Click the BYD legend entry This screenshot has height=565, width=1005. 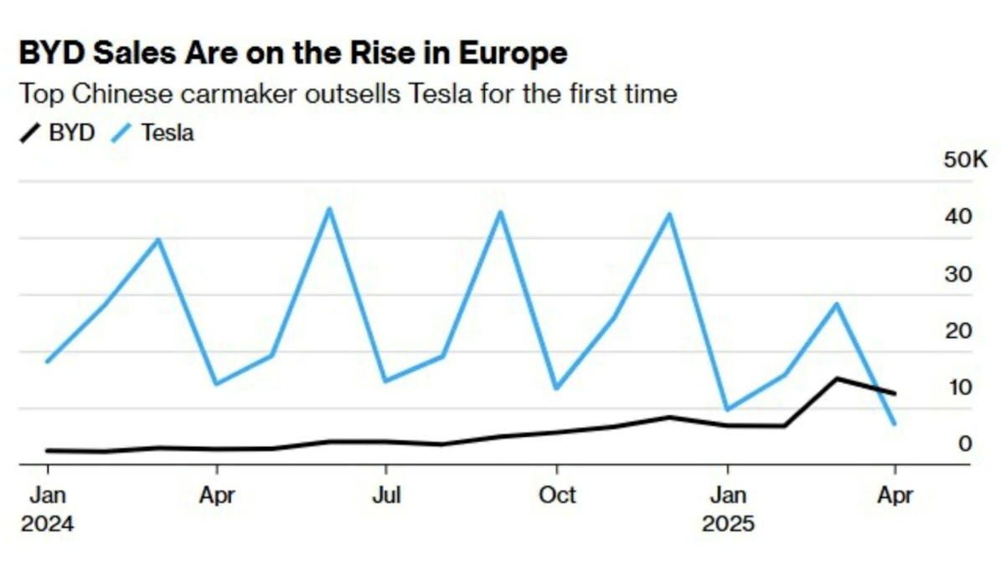pos(58,132)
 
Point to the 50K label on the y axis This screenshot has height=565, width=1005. pos(966,160)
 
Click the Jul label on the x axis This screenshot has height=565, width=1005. pos(385,496)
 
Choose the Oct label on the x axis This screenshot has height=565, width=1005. pos(557,496)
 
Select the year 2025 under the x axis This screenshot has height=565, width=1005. pos(728,525)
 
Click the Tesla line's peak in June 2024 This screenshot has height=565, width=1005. pos(329,208)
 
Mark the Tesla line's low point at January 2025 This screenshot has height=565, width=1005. pos(727,409)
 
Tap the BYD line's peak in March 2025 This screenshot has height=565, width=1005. pos(835,378)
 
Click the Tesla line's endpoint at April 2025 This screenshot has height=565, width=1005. pos(895,424)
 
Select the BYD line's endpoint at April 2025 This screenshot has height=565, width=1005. pos(895,393)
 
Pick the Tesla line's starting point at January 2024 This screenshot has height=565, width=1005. pos(46,362)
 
